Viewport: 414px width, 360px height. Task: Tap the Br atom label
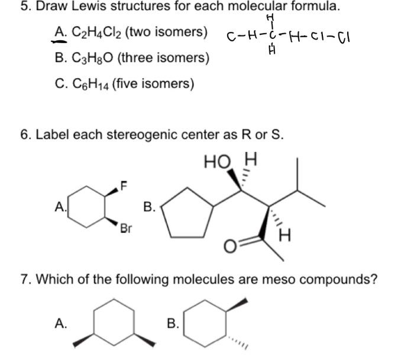pos(125,228)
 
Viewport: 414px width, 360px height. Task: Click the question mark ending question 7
pos(374,278)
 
